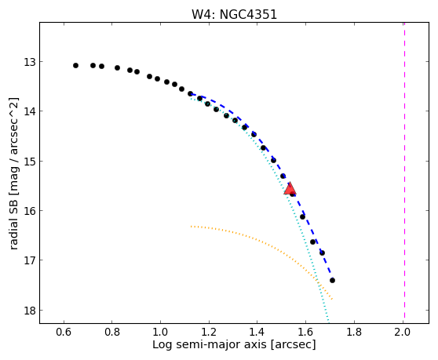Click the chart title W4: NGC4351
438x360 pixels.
click(x=234, y=14)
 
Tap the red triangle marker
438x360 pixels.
click(x=290, y=188)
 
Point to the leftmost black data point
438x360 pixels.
click(x=75, y=66)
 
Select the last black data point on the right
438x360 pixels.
click(x=332, y=280)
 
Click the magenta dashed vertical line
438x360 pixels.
click(x=404, y=173)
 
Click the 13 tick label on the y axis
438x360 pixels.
click(x=30, y=62)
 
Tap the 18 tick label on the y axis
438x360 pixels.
click(x=30, y=311)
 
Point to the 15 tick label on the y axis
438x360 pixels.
click(x=30, y=162)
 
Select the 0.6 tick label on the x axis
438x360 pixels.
click(x=64, y=332)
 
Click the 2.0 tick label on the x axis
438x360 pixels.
click(x=403, y=332)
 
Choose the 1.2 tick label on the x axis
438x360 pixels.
click(x=209, y=332)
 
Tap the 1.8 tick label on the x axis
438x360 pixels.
click(x=354, y=332)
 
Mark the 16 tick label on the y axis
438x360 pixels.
click(x=30, y=211)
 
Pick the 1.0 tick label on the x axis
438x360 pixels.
click(x=161, y=332)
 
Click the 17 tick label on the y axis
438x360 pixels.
click(x=30, y=260)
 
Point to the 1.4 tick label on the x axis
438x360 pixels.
click(x=257, y=332)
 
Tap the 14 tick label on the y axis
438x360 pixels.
click(x=30, y=111)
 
